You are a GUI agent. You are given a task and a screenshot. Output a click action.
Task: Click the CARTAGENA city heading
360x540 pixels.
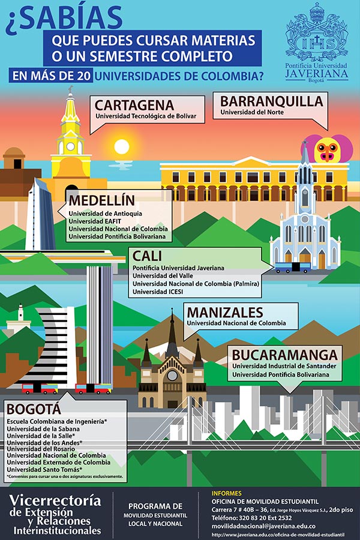tap(134, 105)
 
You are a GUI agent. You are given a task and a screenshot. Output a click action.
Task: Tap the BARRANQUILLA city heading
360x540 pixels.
tap(271, 101)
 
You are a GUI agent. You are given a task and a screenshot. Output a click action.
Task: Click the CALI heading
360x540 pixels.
tap(148, 256)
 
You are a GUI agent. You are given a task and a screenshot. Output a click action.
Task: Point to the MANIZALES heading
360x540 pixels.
tap(224, 312)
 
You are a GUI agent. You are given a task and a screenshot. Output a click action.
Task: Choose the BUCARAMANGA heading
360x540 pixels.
tap(284, 355)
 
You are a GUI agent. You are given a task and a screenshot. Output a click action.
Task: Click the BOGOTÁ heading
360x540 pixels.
tap(34, 409)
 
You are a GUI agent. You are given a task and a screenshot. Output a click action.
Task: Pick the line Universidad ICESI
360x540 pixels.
tap(158, 292)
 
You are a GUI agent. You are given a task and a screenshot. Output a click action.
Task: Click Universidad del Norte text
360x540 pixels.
tap(251, 112)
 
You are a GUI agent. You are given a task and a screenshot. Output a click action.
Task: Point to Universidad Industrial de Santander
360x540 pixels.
tap(284, 365)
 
